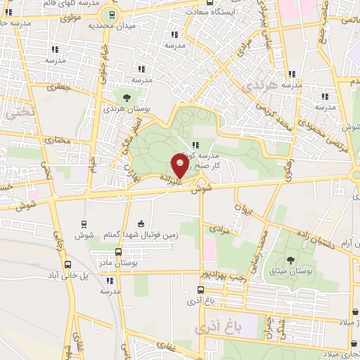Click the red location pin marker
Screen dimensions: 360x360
tap(180, 166)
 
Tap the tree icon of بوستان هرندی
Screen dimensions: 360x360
tap(126, 98)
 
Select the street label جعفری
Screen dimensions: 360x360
tap(56, 88)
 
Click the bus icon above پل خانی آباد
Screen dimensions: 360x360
tap(67, 265)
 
